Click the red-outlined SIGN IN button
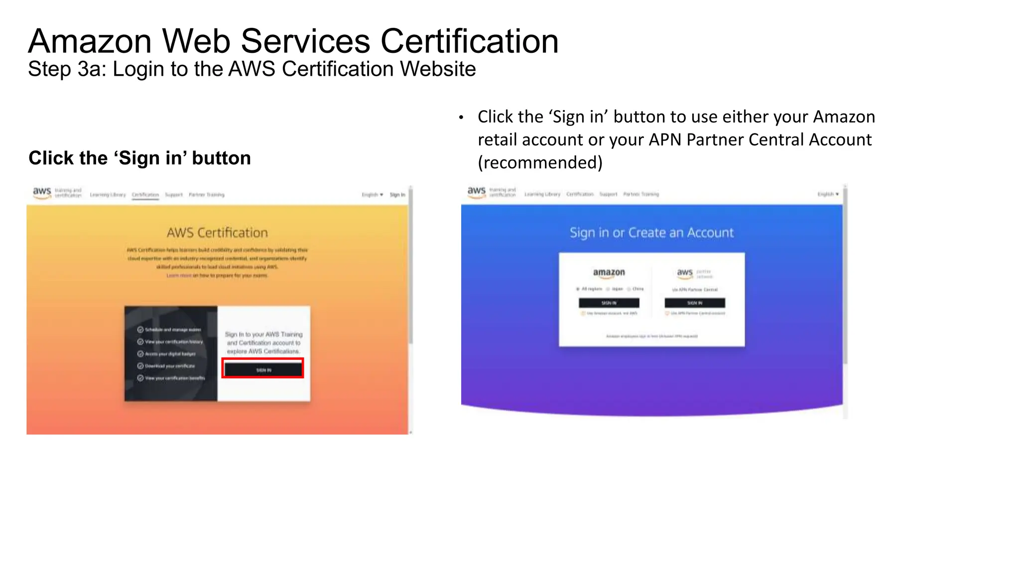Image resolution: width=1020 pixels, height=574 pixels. coord(263,369)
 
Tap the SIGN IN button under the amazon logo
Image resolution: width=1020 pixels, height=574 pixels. coord(609,302)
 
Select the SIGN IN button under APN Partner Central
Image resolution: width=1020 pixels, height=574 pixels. coord(695,302)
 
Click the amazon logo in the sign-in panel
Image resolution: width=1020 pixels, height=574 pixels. coord(609,272)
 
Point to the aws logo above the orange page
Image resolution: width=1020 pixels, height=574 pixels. coord(42,192)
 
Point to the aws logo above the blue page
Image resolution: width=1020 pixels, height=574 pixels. coord(477,192)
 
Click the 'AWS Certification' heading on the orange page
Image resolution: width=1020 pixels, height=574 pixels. coord(217,233)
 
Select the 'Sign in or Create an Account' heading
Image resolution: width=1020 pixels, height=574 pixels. coord(651,233)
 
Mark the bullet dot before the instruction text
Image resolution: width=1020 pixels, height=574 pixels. coord(461,118)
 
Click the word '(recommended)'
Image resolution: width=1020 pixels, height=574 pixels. coord(540,162)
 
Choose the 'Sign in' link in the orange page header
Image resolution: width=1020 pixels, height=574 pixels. coord(397,195)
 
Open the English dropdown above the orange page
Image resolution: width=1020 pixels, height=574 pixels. coord(372,195)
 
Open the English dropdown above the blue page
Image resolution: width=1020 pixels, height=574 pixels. coord(828,194)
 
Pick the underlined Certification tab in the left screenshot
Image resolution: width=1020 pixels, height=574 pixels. coord(145,195)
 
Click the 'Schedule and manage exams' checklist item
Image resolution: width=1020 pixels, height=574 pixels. coord(172,330)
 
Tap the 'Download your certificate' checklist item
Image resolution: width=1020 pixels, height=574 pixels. coord(169,366)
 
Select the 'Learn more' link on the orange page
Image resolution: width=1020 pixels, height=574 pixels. coord(179,276)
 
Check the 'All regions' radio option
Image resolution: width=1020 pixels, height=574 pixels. coord(578,289)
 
